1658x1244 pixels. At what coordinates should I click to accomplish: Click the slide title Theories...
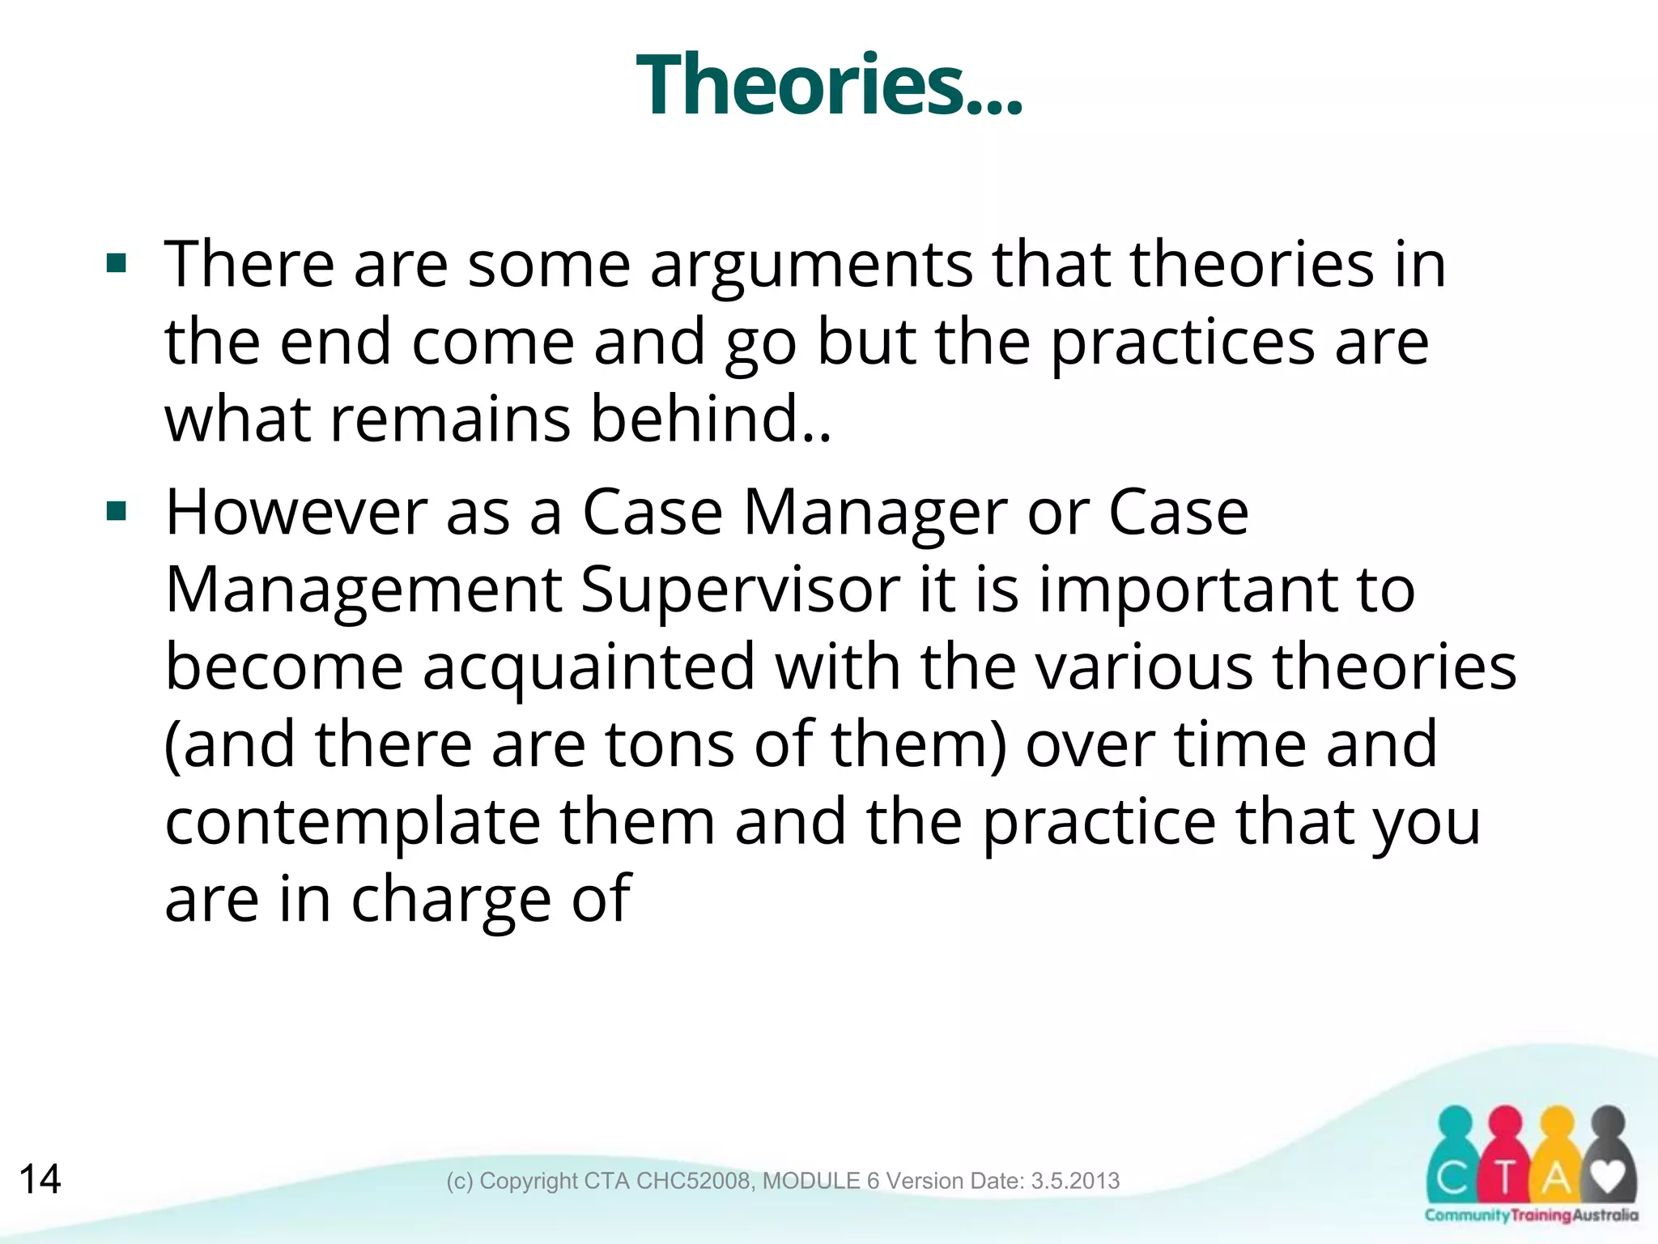tap(828, 84)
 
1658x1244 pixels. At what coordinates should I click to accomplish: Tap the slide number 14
tap(40, 1179)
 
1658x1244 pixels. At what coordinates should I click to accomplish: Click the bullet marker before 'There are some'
tap(117, 264)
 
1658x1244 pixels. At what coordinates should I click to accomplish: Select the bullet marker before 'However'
tap(117, 512)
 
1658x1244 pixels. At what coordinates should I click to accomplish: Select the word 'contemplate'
tap(353, 823)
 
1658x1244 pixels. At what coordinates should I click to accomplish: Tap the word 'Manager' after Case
tap(875, 513)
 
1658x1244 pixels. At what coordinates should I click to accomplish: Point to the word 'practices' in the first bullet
tap(1183, 343)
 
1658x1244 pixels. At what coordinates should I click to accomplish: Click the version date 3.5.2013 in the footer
tap(1075, 1181)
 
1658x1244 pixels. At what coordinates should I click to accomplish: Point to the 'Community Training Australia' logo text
tap(1531, 1216)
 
